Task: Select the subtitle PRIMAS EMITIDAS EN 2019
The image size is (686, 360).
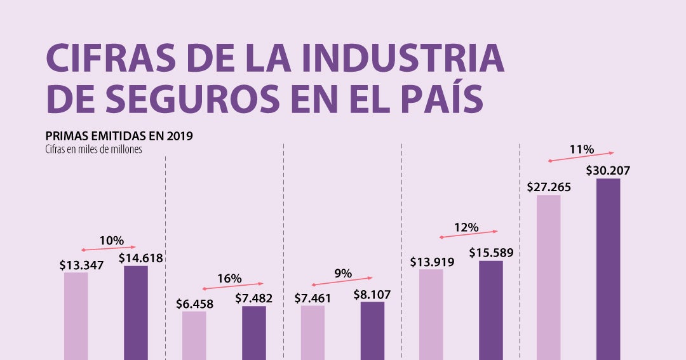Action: click(x=119, y=136)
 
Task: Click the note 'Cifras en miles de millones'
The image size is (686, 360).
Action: click(x=93, y=149)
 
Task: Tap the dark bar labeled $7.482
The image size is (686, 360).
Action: click(x=254, y=333)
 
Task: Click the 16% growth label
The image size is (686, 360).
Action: click(x=229, y=278)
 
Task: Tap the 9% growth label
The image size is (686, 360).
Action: click(x=343, y=274)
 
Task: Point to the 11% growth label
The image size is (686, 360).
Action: click(x=581, y=150)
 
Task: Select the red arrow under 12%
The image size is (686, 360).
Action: click(x=469, y=234)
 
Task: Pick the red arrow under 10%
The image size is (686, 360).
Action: click(x=109, y=248)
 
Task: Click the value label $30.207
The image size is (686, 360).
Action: click(x=608, y=170)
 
